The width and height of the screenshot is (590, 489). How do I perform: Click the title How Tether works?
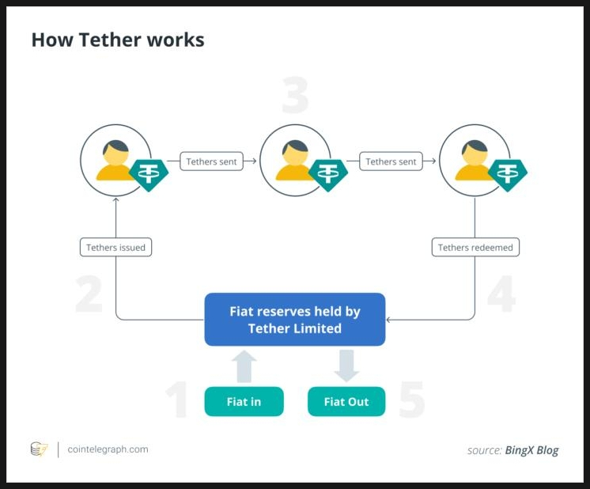click(118, 40)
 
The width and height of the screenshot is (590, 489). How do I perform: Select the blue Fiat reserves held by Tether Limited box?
click(294, 320)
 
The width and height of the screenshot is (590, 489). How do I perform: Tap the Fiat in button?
click(244, 402)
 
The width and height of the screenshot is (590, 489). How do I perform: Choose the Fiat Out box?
click(346, 402)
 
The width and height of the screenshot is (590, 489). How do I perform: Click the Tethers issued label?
click(115, 248)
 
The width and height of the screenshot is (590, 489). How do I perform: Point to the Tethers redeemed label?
click(475, 248)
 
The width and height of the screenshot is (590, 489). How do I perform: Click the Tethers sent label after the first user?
click(211, 161)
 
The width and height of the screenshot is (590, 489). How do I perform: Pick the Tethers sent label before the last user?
click(391, 161)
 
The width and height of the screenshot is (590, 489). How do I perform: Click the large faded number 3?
click(294, 97)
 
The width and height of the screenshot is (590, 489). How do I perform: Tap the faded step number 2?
click(89, 294)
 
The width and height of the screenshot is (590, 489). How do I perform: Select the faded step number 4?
click(501, 294)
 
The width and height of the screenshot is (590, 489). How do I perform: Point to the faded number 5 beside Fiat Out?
click(411, 400)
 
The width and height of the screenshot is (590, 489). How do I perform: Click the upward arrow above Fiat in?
click(245, 366)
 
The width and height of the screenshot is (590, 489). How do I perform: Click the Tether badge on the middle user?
click(328, 173)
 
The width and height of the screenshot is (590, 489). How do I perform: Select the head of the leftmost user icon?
click(115, 153)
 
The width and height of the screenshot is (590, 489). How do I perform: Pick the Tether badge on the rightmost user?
click(508, 173)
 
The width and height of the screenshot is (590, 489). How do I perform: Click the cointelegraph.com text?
click(108, 449)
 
